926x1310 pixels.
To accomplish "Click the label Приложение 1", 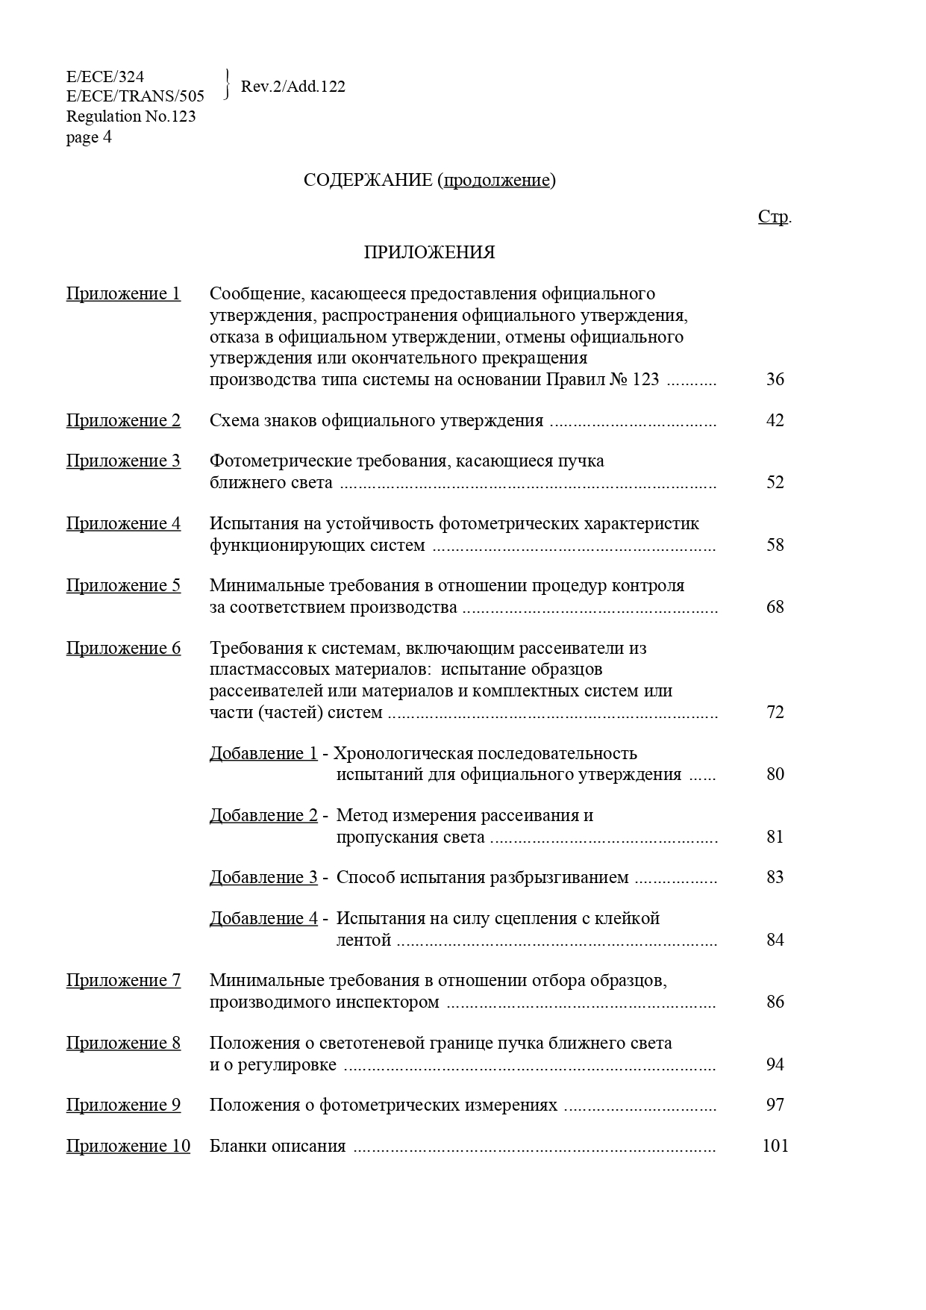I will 123,293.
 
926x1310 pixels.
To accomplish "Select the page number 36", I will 775,379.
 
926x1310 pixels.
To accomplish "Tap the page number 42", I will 775,420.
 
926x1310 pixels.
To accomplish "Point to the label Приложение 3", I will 123,461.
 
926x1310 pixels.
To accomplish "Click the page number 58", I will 775,545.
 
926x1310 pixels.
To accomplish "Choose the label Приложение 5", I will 123,585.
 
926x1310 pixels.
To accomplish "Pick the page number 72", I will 775,712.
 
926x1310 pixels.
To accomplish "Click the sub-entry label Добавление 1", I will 263,753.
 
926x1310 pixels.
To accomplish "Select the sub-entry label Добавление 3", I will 263,877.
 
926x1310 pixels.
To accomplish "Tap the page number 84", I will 775,940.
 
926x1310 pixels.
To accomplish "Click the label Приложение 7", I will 123,980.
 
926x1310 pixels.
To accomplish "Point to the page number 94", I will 775,1064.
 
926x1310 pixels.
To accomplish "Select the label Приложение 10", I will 128,1146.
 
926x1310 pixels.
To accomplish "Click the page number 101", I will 775,1146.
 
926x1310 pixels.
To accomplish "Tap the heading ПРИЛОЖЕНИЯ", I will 429,252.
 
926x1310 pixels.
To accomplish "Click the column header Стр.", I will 774,216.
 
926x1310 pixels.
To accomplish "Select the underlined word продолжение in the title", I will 497,180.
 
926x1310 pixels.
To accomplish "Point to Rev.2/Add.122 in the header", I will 293,87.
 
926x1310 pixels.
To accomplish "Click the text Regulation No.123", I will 131,116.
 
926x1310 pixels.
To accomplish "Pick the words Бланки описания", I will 278,1146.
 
